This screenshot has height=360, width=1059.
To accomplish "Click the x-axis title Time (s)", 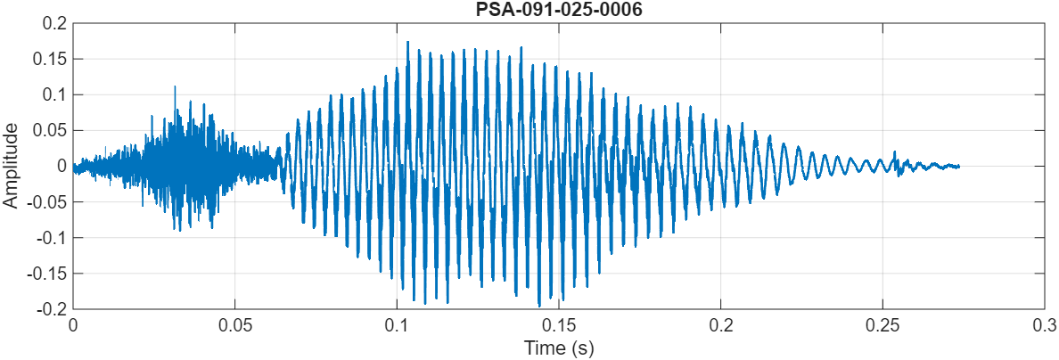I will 559,348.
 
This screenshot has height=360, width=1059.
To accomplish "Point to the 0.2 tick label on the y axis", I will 55,23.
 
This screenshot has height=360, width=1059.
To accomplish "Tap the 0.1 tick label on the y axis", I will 55,94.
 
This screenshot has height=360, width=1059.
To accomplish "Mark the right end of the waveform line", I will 958,167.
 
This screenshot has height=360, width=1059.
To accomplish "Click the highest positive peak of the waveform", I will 407,41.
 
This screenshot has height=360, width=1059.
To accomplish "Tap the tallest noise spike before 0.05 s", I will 175,86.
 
